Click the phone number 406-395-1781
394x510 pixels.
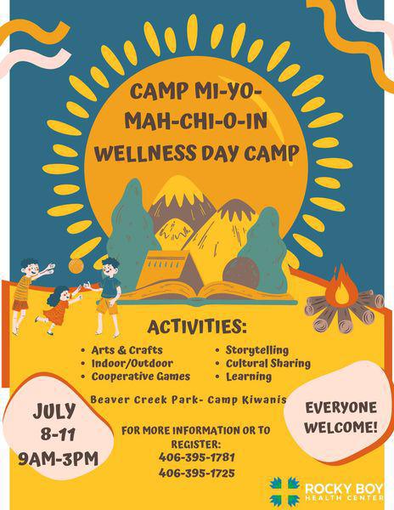pos(196,457)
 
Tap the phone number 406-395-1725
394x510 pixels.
pos(196,473)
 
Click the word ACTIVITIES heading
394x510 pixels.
pos(197,327)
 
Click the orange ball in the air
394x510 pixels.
pos(76,266)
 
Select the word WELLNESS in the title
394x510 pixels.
pos(145,153)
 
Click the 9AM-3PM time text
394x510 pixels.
pos(58,459)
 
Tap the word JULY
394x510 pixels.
pos(54,411)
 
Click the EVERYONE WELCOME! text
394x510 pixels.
pos(341,417)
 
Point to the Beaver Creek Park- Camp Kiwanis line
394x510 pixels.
pos(189,399)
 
